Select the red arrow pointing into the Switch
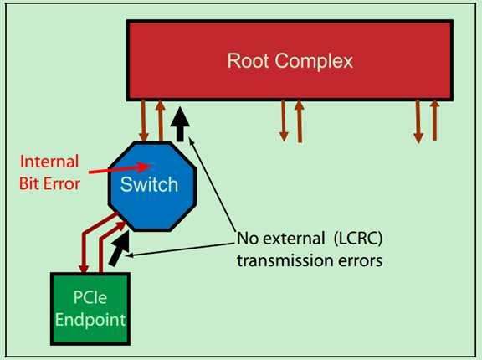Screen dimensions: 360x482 coord(126,170)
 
